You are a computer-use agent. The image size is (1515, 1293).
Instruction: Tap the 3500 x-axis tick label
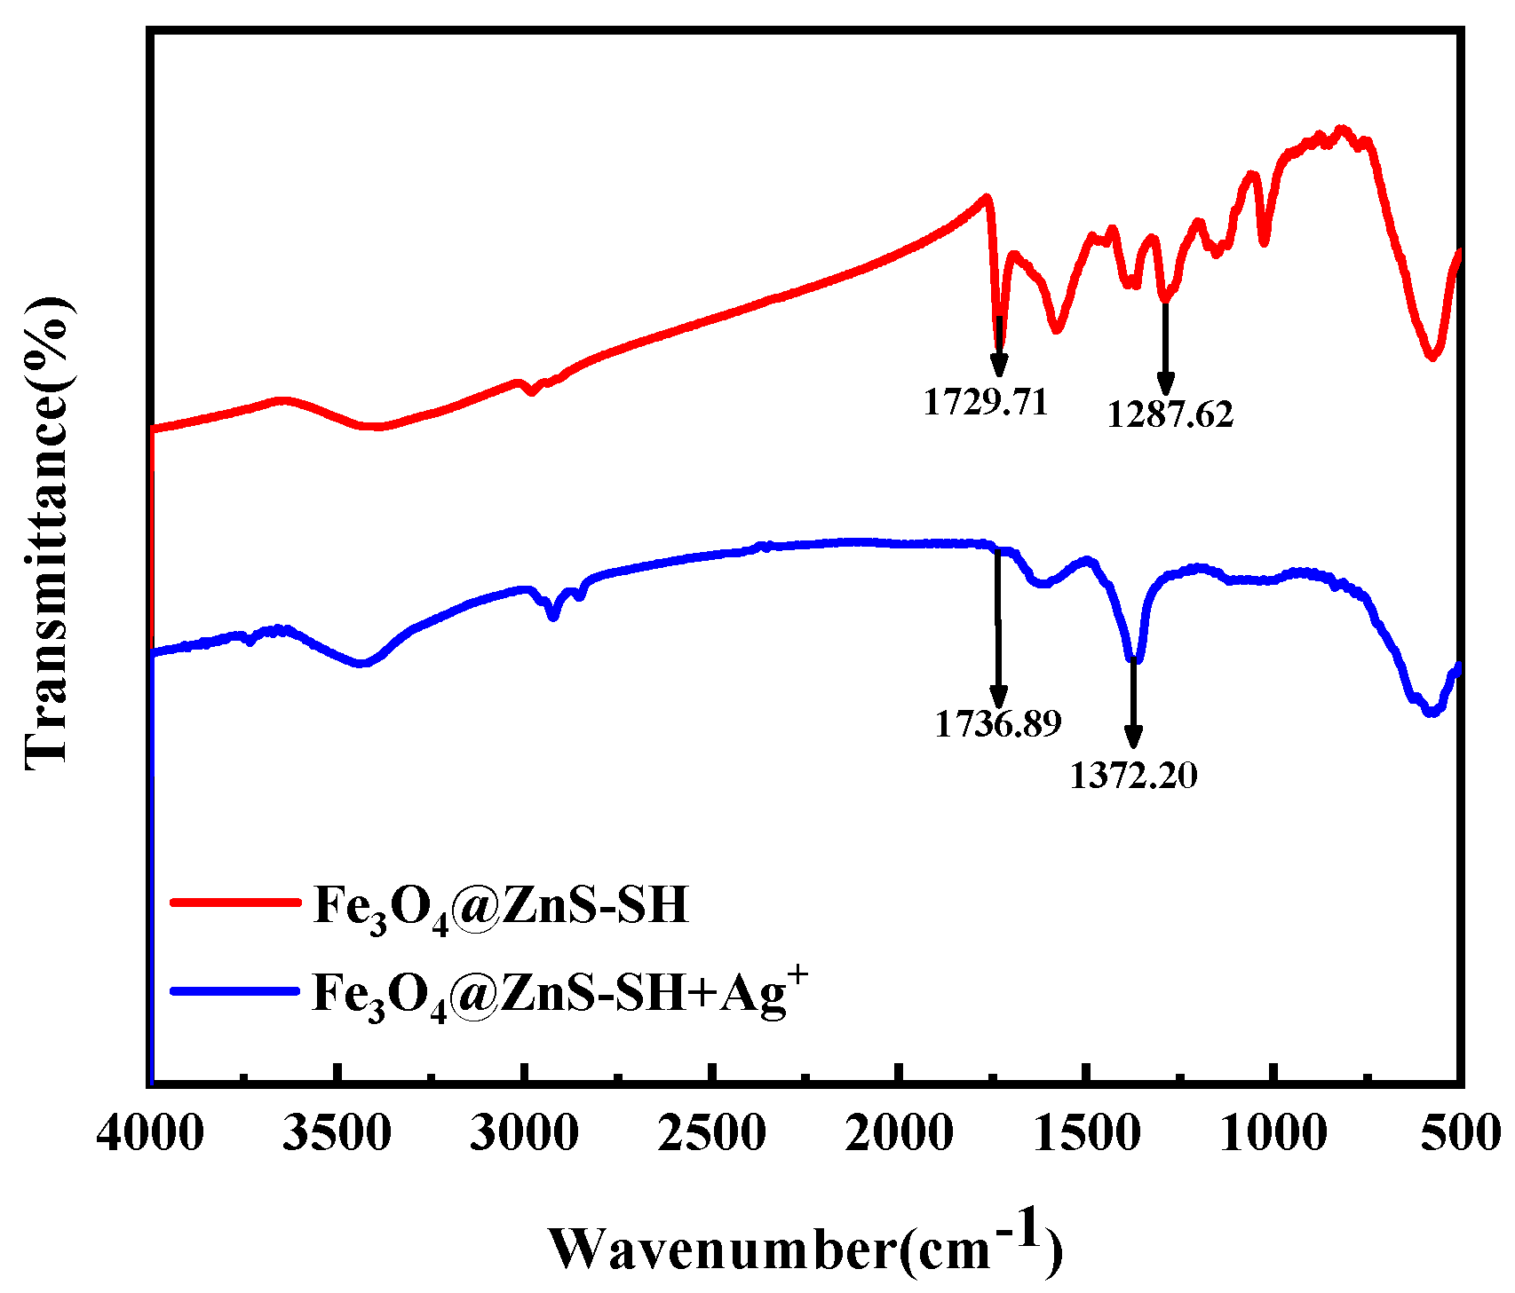pyautogui.click(x=337, y=1133)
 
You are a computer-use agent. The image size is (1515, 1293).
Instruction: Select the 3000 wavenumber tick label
pyautogui.click(x=525, y=1133)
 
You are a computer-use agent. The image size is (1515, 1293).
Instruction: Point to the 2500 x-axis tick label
pyautogui.click(x=712, y=1133)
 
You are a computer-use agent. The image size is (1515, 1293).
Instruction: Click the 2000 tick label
pyautogui.click(x=900, y=1133)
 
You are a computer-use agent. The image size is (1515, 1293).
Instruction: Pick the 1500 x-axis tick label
pyautogui.click(x=1087, y=1133)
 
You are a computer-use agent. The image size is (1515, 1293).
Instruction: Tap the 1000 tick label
pyautogui.click(x=1274, y=1133)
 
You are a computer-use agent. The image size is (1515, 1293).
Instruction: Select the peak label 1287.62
pyautogui.click(x=1170, y=414)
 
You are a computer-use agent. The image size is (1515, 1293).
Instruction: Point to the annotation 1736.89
pyautogui.click(x=997, y=724)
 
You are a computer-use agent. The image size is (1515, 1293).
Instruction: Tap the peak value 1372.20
pyautogui.click(x=1133, y=776)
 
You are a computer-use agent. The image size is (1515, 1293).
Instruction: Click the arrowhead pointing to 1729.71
pyautogui.click(x=999, y=364)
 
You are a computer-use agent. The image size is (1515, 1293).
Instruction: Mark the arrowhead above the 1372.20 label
pyautogui.click(x=1133, y=737)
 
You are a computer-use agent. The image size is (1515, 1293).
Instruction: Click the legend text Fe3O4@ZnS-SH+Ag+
pyautogui.click(x=559, y=992)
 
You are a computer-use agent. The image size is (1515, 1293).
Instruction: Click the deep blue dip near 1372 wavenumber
pyautogui.click(x=1134, y=658)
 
